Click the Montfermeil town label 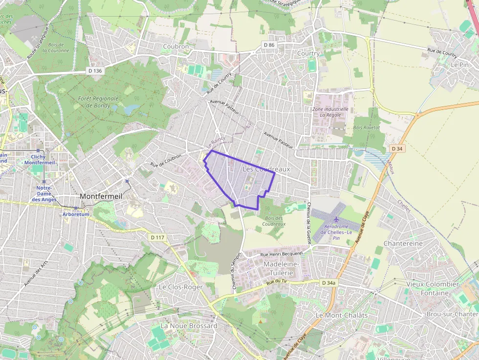(101, 196)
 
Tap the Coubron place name (176, 46)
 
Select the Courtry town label (308, 53)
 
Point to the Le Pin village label (459, 64)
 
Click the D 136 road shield (95, 71)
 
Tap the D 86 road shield (269, 45)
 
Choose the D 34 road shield (397, 148)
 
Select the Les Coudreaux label (266, 169)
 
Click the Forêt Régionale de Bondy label (96, 102)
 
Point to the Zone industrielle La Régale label (330, 112)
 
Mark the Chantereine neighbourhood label (403, 243)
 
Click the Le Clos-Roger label (181, 287)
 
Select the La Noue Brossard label (189, 326)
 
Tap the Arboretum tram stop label (76, 214)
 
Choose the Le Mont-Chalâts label (342, 315)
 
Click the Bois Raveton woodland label (366, 127)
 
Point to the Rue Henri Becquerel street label (282, 254)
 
